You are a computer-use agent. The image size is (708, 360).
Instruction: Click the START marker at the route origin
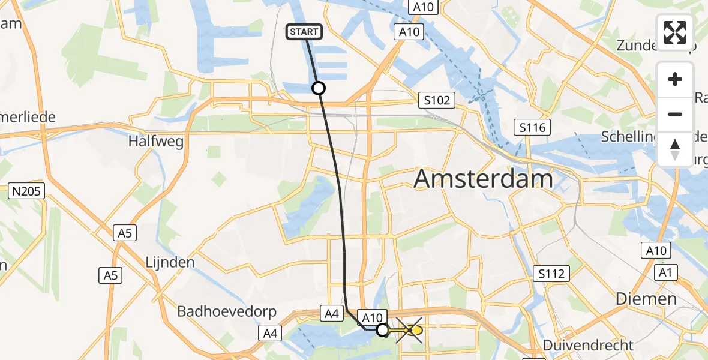[x=306, y=32]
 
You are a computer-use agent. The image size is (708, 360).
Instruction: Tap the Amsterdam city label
[x=483, y=179]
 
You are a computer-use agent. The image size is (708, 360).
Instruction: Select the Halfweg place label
[x=156, y=141]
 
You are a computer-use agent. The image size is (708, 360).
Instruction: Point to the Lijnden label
[x=170, y=262]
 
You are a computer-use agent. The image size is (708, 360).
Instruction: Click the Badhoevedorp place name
[x=227, y=311]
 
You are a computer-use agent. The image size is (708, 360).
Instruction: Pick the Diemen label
[x=647, y=298]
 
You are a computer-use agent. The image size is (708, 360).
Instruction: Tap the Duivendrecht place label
[x=588, y=345]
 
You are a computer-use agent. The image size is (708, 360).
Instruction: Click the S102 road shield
[x=437, y=101]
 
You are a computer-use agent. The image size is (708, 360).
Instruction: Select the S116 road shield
[x=532, y=127]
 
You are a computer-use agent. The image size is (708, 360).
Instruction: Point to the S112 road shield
[x=551, y=274]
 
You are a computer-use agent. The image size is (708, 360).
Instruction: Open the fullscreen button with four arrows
[x=675, y=32]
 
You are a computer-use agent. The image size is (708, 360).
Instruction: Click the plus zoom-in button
[x=675, y=79]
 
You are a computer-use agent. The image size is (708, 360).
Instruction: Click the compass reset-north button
[x=675, y=149]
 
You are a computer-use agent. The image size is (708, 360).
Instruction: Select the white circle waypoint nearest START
[x=319, y=89]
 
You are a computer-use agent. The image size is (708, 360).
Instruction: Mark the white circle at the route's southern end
[x=382, y=329]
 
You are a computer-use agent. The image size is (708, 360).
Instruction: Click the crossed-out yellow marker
[x=410, y=330]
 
